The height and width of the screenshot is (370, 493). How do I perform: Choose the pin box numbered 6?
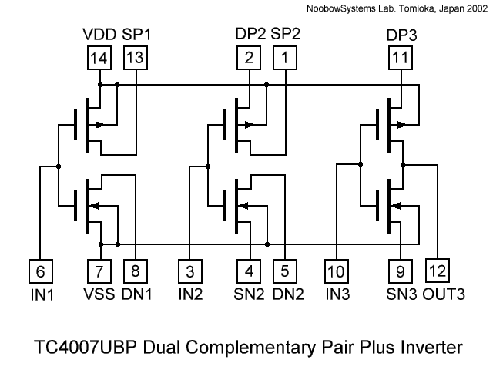tap(40, 271)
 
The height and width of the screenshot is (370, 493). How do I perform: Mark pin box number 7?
tap(99, 271)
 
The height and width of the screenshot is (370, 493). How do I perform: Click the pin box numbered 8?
tap(136, 271)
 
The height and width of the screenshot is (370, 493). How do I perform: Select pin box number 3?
tap(189, 271)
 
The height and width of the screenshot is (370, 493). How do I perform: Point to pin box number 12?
tap(438, 271)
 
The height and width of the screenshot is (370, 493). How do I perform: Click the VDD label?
tap(99, 35)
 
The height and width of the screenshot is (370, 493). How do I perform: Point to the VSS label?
tap(99, 294)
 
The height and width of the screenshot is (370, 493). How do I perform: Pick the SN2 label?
tap(249, 294)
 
